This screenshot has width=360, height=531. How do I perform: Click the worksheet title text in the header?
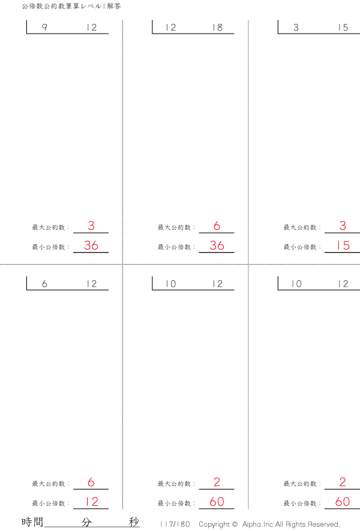(x=71, y=6)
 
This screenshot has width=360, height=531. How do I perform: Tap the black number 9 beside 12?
(x=44, y=28)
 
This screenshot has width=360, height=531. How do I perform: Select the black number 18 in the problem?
(x=217, y=28)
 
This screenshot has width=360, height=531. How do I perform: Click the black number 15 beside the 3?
(x=342, y=28)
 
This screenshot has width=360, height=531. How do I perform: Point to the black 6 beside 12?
(x=44, y=284)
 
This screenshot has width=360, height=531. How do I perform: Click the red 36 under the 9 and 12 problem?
(x=91, y=245)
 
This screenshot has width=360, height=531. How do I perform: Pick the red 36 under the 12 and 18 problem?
(x=217, y=245)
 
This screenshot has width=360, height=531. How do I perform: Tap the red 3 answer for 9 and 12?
(x=91, y=226)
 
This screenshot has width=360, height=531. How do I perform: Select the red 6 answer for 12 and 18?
(x=217, y=226)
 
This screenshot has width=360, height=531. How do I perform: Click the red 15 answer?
(x=343, y=245)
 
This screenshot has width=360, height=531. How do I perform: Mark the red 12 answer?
(x=91, y=502)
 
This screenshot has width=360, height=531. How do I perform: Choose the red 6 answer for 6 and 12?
(x=91, y=482)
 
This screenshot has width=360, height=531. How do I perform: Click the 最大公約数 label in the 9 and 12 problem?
(x=50, y=227)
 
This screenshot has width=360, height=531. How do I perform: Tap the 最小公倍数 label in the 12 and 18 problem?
(x=175, y=247)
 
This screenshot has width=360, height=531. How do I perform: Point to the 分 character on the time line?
(x=87, y=522)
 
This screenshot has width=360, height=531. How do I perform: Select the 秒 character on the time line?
(x=134, y=522)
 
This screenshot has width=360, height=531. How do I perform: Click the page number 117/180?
(x=175, y=524)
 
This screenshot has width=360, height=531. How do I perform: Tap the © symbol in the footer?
(x=235, y=524)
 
